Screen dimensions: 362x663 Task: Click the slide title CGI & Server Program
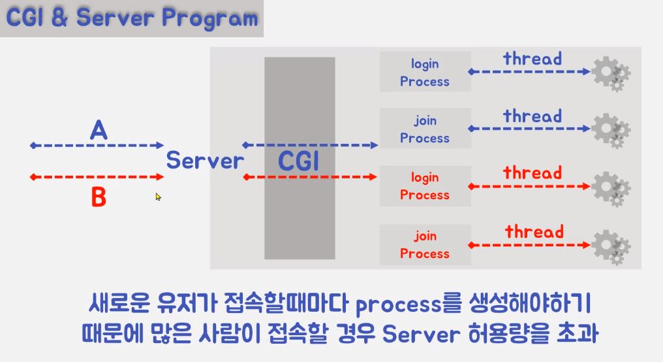pos(131,18)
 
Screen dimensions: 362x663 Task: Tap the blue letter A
pos(98,131)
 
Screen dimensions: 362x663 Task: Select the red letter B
pos(98,197)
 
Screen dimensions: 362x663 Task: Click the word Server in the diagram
pos(205,160)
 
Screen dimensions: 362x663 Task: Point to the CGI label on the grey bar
pos(299,161)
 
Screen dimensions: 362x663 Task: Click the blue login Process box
pos(425,73)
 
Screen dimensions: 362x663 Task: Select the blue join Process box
pos(425,129)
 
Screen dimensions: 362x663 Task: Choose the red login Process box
pos(425,186)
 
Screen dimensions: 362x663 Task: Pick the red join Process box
pos(425,244)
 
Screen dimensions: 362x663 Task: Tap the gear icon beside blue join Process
pos(610,129)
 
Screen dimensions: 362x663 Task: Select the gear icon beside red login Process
pos(610,187)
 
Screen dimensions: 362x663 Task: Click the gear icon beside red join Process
pos(610,245)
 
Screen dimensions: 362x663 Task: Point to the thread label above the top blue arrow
pos(532,59)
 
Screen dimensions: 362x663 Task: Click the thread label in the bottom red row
pos(534,232)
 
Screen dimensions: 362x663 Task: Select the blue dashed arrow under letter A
pos(98,146)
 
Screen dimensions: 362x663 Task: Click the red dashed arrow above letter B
pos(98,177)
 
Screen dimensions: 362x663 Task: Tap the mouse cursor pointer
pos(158,196)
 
